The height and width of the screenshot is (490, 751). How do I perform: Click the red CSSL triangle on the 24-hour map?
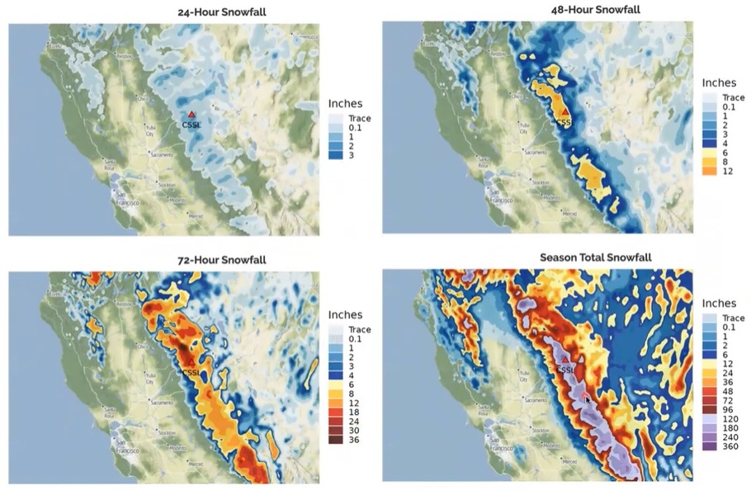pyautogui.click(x=191, y=115)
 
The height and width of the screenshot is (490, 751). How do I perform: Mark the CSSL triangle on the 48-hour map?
pyautogui.click(x=564, y=111)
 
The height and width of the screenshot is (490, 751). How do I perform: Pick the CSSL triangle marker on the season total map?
pyautogui.click(x=564, y=359)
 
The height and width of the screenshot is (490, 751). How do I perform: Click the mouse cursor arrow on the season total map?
pyautogui.click(x=587, y=398)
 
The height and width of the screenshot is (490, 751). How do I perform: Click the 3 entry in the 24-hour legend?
pyautogui.click(x=353, y=155)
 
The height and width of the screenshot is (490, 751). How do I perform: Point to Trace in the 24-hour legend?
pyautogui.click(x=359, y=118)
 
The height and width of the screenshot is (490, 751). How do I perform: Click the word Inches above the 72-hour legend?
pyautogui.click(x=352, y=314)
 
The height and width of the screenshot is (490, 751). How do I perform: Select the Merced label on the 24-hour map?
pyautogui.click(x=195, y=215)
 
